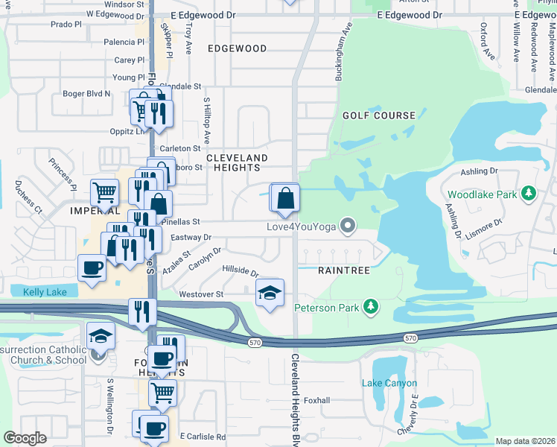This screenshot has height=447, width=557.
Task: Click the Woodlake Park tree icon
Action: (x=529, y=194)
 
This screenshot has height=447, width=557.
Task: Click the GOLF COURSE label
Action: (x=378, y=115)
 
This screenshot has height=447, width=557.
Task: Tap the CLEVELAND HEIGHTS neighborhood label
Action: (x=237, y=163)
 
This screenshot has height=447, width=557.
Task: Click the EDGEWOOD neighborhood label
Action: (x=237, y=48)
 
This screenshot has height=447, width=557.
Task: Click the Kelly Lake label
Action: (x=45, y=292)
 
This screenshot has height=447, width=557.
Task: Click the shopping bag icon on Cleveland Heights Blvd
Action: (x=285, y=198)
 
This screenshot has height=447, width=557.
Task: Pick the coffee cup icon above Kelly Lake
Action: (x=92, y=267)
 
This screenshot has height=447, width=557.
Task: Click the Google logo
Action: (x=25, y=438)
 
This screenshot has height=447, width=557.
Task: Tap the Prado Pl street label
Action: (x=66, y=24)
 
